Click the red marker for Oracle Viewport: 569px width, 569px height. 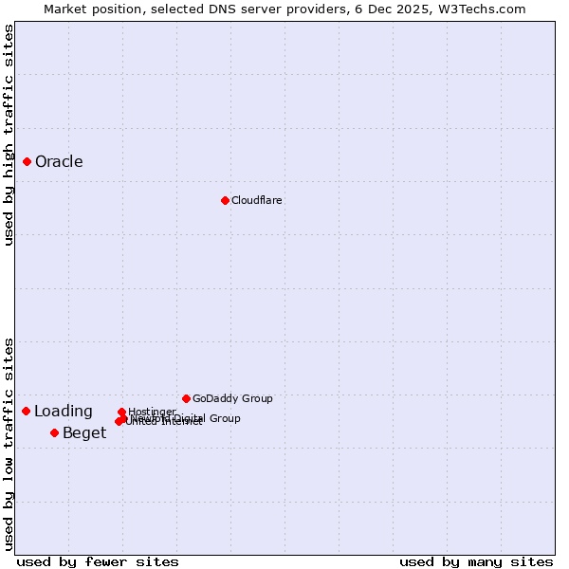coord(28,161)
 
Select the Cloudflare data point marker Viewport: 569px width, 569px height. coord(225,200)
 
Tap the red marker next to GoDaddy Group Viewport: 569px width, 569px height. coord(186,398)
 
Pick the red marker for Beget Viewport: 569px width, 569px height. coord(54,432)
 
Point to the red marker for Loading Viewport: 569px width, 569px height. coord(26,411)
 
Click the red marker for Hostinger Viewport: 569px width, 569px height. coord(121,413)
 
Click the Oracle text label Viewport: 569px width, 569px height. coord(59,161)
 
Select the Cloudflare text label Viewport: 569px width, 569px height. coord(256,200)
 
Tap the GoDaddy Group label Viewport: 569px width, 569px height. coord(232,398)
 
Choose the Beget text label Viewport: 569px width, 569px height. coord(84,433)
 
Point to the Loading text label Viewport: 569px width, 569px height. coord(64,412)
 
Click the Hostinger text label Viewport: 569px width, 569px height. coord(152,412)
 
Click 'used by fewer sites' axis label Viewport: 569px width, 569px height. coord(98,561)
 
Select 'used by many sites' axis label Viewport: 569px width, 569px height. coord(476,561)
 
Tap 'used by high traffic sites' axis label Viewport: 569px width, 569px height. coord(9,135)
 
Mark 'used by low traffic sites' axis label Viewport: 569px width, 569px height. coord(9,444)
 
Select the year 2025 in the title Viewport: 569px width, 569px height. coord(414,9)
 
